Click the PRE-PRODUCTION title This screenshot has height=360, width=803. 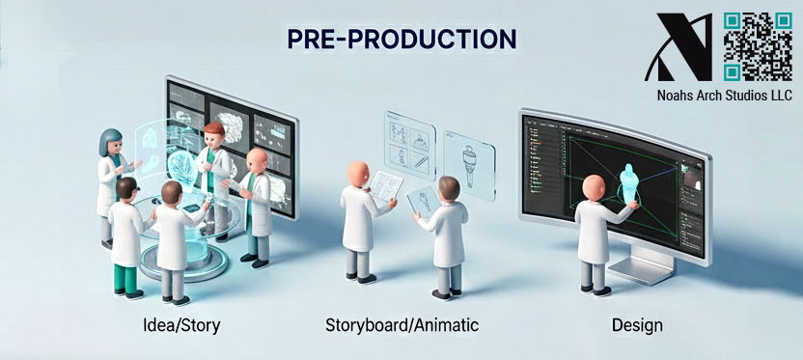(401, 39)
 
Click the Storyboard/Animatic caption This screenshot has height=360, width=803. (401, 325)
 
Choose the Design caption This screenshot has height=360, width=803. (637, 325)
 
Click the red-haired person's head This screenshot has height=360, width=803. (213, 132)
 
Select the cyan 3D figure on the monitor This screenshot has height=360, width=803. (627, 183)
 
